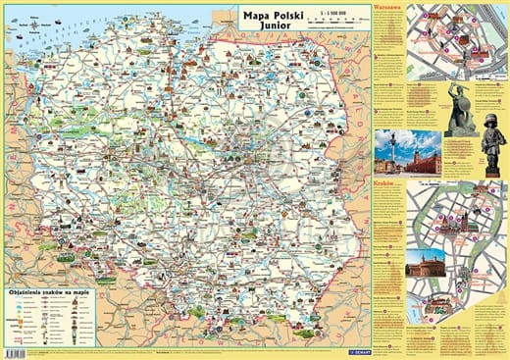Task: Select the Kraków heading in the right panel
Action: (383, 183)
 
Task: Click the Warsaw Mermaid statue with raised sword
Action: (460, 108)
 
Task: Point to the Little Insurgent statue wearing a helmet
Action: (492, 147)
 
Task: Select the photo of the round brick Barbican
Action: (425, 263)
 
